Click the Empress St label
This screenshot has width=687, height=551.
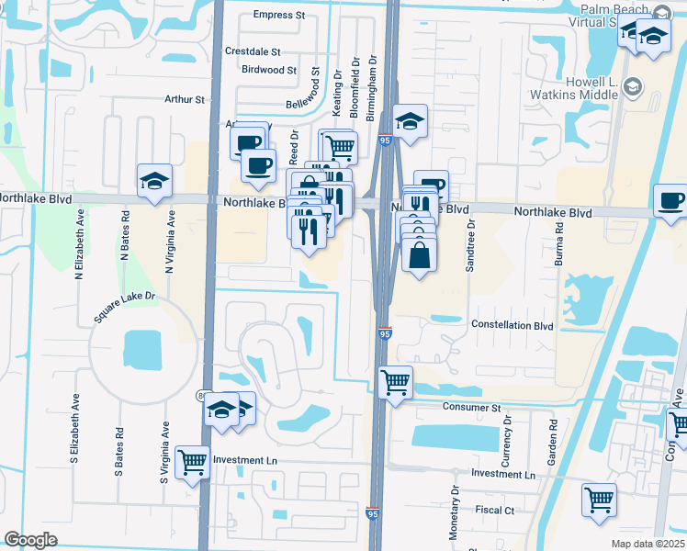click(x=278, y=15)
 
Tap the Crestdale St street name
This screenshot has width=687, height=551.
click(x=252, y=52)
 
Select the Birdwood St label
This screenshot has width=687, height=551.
click(x=269, y=70)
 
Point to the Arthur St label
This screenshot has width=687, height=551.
click(x=183, y=99)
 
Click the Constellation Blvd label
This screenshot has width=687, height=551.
click(x=512, y=325)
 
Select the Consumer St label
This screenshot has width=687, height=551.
click(x=470, y=407)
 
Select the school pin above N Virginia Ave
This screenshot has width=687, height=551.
click(x=155, y=180)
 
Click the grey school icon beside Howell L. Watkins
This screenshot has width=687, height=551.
click(x=632, y=87)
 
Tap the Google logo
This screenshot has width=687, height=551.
click(x=30, y=540)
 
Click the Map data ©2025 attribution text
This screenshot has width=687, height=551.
click(x=648, y=544)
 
